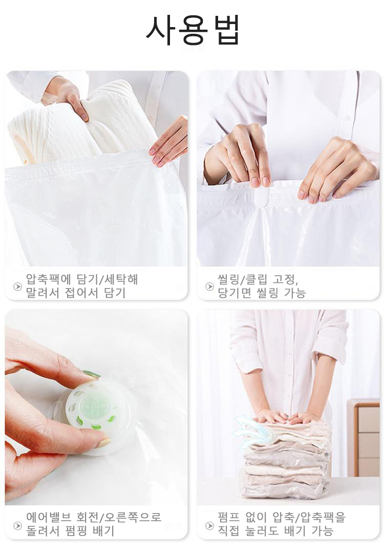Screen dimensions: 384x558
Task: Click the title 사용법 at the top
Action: (193, 30)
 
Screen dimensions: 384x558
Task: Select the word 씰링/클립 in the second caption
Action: (241, 279)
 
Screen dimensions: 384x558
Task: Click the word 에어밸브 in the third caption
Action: (49, 517)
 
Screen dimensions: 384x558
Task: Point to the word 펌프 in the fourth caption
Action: (228, 517)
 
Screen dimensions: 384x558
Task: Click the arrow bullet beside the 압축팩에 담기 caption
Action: (17, 286)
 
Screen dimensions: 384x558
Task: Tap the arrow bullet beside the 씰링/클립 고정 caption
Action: (209, 286)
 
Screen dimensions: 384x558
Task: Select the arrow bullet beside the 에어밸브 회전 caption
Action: (17, 525)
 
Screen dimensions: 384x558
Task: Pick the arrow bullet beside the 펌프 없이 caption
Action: (209, 525)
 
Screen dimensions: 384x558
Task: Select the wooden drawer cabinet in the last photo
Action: (364, 437)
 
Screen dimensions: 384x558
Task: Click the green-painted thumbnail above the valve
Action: (92, 374)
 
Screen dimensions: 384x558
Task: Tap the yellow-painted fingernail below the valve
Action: (104, 443)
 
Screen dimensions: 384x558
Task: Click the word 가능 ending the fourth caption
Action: (322, 531)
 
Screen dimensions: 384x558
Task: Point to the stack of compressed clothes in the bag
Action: (287, 459)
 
